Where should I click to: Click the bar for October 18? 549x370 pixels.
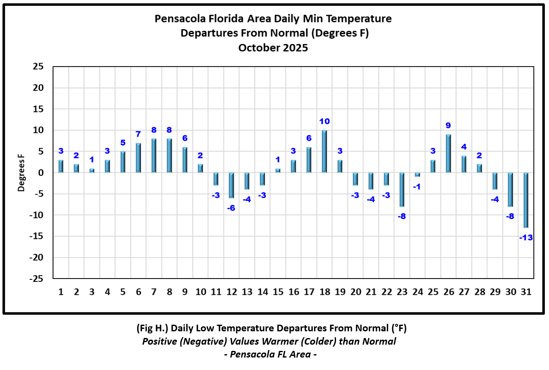pyautogui.click(x=324, y=152)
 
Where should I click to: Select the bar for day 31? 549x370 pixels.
pyautogui.click(x=526, y=200)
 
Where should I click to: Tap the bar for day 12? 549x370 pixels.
pyautogui.click(x=231, y=185)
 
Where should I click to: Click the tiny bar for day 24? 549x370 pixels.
pyautogui.click(x=418, y=175)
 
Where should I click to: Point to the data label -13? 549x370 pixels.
pyautogui.click(x=526, y=238)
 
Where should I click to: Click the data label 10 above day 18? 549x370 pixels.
pyautogui.click(x=324, y=121)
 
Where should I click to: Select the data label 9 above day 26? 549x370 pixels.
pyautogui.click(x=448, y=126)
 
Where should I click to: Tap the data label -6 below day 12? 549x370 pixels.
pyautogui.click(x=231, y=208)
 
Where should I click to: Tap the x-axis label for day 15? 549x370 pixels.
pyautogui.click(x=278, y=292)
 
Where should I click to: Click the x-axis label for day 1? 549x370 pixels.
pyautogui.click(x=61, y=292)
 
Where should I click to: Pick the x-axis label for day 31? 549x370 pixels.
pyautogui.click(x=526, y=292)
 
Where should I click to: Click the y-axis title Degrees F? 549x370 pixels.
pyautogui.click(x=21, y=173)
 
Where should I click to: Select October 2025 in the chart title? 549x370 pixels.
pyautogui.click(x=273, y=47)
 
